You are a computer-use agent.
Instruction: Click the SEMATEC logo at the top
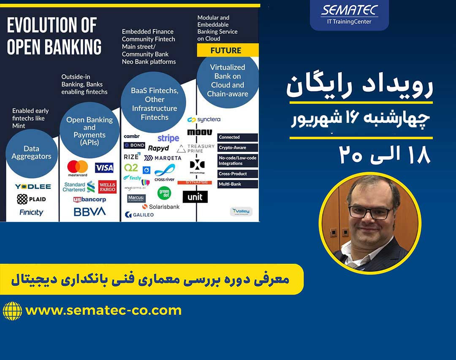tap(349, 15)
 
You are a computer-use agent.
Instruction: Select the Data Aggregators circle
tap(31, 153)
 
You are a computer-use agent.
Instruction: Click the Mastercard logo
tap(78, 168)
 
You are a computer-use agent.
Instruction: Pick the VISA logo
tap(104, 168)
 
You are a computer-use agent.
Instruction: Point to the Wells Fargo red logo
tap(107, 187)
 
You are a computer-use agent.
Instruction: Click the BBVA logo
tap(90, 211)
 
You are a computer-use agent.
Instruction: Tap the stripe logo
tap(168, 138)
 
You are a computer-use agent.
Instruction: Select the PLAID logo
tap(32, 199)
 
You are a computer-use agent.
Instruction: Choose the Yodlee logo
tap(33, 187)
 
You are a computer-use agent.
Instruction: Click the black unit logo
tap(195, 197)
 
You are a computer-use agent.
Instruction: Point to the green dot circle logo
tap(164, 193)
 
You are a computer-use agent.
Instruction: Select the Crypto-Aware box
tap(238, 148)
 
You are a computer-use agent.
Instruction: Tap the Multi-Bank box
tap(238, 184)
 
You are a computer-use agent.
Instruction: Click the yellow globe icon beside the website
tap(12, 311)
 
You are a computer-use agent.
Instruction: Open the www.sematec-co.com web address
tap(103, 311)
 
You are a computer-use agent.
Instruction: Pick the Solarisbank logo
tap(161, 207)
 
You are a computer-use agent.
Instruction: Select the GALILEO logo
tap(139, 215)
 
